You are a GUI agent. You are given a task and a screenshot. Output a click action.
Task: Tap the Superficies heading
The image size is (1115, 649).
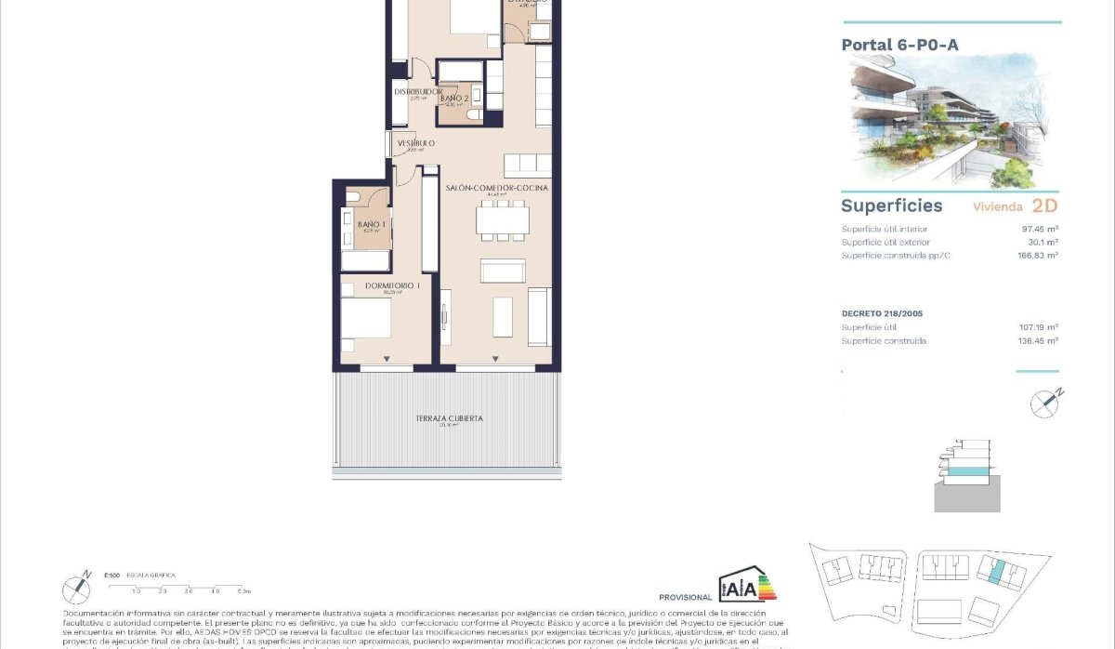coord(891,205)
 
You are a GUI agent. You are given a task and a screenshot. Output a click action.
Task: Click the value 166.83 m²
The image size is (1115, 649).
coord(1038,255)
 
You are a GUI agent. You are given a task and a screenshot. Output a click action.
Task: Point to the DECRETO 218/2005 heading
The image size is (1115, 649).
coord(882,313)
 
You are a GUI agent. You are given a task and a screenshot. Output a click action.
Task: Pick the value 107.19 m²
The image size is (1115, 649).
coord(1038,327)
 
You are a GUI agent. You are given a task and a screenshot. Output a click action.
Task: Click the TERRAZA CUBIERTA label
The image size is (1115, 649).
coord(449,418)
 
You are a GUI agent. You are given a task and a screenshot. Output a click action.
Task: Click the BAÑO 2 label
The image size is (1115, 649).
coord(454,98)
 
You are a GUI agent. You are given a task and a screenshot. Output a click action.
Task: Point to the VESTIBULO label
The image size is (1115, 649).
coord(416,143)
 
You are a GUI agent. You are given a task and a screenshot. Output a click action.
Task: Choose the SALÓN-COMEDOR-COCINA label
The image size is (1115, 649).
coord(497,188)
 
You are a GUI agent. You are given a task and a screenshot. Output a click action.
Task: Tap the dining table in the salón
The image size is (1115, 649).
coord(503,220)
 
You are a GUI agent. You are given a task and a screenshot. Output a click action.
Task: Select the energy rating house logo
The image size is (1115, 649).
coord(747,585)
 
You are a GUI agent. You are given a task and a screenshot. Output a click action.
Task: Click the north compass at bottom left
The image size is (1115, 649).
coord(76,588)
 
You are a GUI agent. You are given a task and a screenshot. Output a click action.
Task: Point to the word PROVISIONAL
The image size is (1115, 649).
coord(685,597)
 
